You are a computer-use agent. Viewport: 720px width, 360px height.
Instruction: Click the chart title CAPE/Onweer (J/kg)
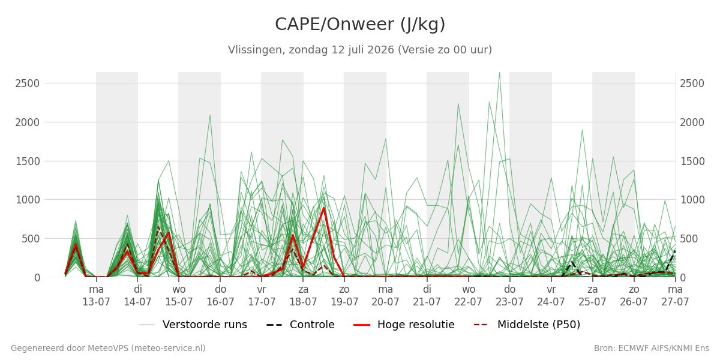point(360,25)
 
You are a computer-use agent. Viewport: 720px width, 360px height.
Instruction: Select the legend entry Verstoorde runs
point(193,325)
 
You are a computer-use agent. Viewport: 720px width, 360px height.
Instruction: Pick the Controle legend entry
point(301,325)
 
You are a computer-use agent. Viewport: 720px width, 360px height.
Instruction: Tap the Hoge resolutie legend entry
point(404,325)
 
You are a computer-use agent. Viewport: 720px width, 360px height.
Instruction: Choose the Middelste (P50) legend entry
point(527,325)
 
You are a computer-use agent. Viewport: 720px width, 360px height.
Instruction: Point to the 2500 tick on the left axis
point(28,83)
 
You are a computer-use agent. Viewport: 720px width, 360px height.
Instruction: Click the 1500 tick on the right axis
point(692,161)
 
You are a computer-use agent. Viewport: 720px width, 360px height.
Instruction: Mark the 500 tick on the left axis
point(31,239)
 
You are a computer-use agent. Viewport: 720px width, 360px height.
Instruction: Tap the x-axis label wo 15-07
point(179,295)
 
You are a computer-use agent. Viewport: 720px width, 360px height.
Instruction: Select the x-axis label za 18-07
point(303,295)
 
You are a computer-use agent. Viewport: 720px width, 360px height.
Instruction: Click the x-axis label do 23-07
point(510,295)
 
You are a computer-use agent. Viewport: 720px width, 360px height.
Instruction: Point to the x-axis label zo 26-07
point(634,295)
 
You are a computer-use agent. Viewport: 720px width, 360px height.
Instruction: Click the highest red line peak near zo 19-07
point(323,208)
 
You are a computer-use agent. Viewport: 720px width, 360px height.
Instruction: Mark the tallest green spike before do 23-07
point(499,73)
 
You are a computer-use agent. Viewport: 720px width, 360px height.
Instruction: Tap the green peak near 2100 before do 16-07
point(210,115)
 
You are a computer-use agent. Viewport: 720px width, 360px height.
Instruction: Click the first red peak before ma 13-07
point(76,245)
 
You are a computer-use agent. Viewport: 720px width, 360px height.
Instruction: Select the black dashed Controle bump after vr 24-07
point(572,262)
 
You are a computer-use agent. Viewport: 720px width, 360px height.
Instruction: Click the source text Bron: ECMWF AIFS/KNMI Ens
point(652,348)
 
